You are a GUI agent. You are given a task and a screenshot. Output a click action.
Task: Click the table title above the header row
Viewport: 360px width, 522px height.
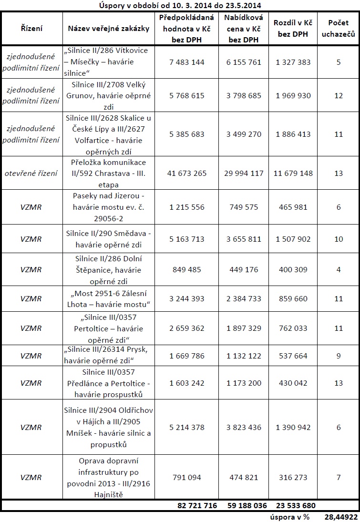click(180, 5)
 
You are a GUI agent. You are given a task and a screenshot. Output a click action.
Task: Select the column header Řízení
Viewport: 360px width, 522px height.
click(31, 29)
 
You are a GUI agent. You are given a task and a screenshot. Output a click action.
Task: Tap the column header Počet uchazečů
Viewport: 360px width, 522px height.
click(339, 29)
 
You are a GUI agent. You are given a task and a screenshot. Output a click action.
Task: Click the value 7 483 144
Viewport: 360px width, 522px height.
click(187, 62)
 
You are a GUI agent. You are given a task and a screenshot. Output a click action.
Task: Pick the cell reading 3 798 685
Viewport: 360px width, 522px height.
click(243, 95)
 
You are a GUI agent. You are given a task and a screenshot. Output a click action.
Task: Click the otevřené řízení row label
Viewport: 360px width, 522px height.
click(31, 173)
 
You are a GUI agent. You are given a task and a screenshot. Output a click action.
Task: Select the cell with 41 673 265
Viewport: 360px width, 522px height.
click(187, 173)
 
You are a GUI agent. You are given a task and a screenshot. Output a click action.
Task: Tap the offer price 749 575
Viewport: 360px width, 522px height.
click(243, 207)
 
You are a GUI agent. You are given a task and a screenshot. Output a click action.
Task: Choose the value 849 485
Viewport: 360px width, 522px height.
click(187, 270)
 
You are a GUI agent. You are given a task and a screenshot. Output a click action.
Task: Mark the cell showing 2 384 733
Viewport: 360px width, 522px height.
click(243, 299)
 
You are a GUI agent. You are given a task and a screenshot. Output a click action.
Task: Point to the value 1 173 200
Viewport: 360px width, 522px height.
click(243, 383)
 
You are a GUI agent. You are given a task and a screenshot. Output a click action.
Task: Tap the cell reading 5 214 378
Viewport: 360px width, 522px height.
click(187, 428)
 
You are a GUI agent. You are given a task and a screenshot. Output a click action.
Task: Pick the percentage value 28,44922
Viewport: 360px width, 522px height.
click(341, 517)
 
